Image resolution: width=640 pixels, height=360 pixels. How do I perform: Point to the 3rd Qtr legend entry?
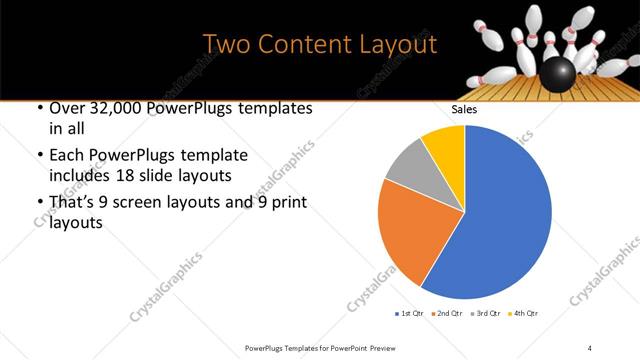[x=483, y=314]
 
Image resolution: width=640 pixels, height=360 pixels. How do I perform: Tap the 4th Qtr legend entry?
[x=523, y=314]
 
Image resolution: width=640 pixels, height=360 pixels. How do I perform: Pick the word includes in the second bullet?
[x=76, y=176]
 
